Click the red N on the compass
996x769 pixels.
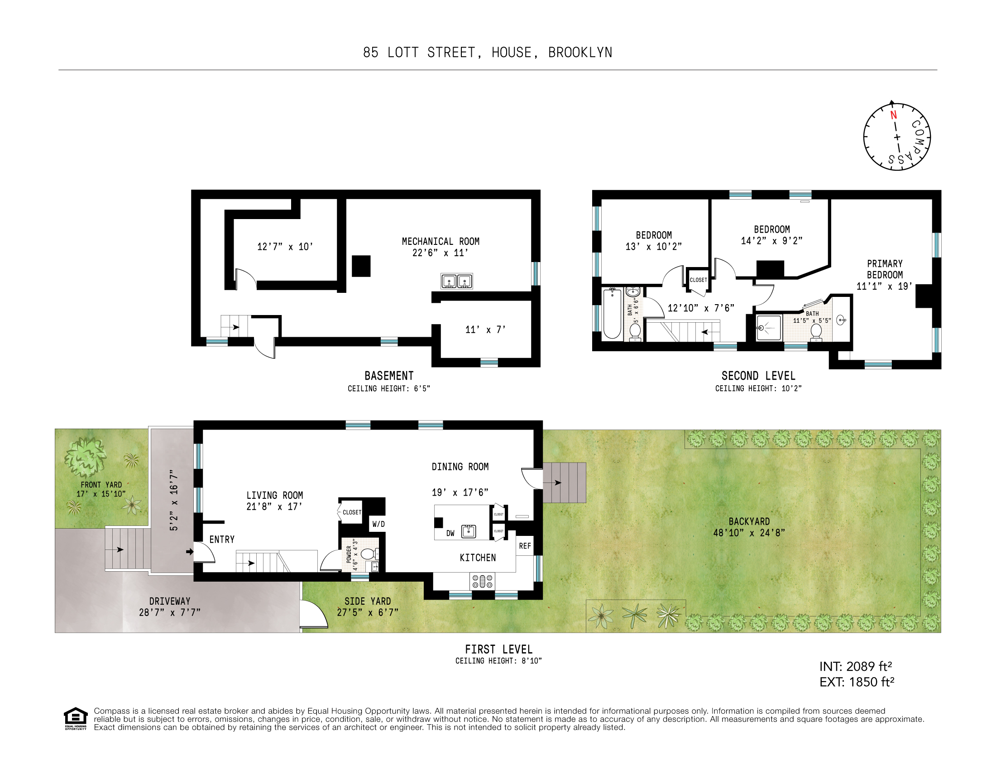click(x=893, y=115)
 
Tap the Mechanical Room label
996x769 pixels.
click(x=441, y=242)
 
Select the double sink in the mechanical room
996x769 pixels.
click(x=456, y=281)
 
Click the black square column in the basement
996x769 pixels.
click(x=361, y=266)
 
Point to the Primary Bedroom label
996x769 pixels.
click(x=885, y=269)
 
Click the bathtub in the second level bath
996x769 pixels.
click(x=612, y=314)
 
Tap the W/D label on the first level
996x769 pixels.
click(x=378, y=524)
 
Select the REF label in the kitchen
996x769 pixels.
click(x=525, y=546)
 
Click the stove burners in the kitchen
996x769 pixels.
click(x=483, y=581)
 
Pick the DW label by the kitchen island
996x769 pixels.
click(x=450, y=533)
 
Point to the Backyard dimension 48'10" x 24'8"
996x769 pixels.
click(x=749, y=533)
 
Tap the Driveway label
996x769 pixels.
click(x=170, y=601)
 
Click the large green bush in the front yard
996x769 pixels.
click(x=85, y=457)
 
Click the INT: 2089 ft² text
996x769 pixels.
click(x=856, y=666)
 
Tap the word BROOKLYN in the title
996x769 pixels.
click(x=580, y=53)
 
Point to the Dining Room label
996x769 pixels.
click(x=460, y=467)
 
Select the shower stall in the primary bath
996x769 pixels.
click(x=769, y=327)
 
